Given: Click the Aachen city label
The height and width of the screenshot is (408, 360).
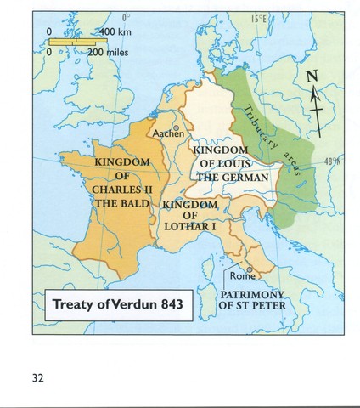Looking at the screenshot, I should point(167,133).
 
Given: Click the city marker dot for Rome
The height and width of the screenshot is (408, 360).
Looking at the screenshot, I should point(250,268).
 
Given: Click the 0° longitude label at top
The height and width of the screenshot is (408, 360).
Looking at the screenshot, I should point(126,17).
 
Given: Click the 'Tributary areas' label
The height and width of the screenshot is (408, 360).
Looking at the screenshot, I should point(271,132).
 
